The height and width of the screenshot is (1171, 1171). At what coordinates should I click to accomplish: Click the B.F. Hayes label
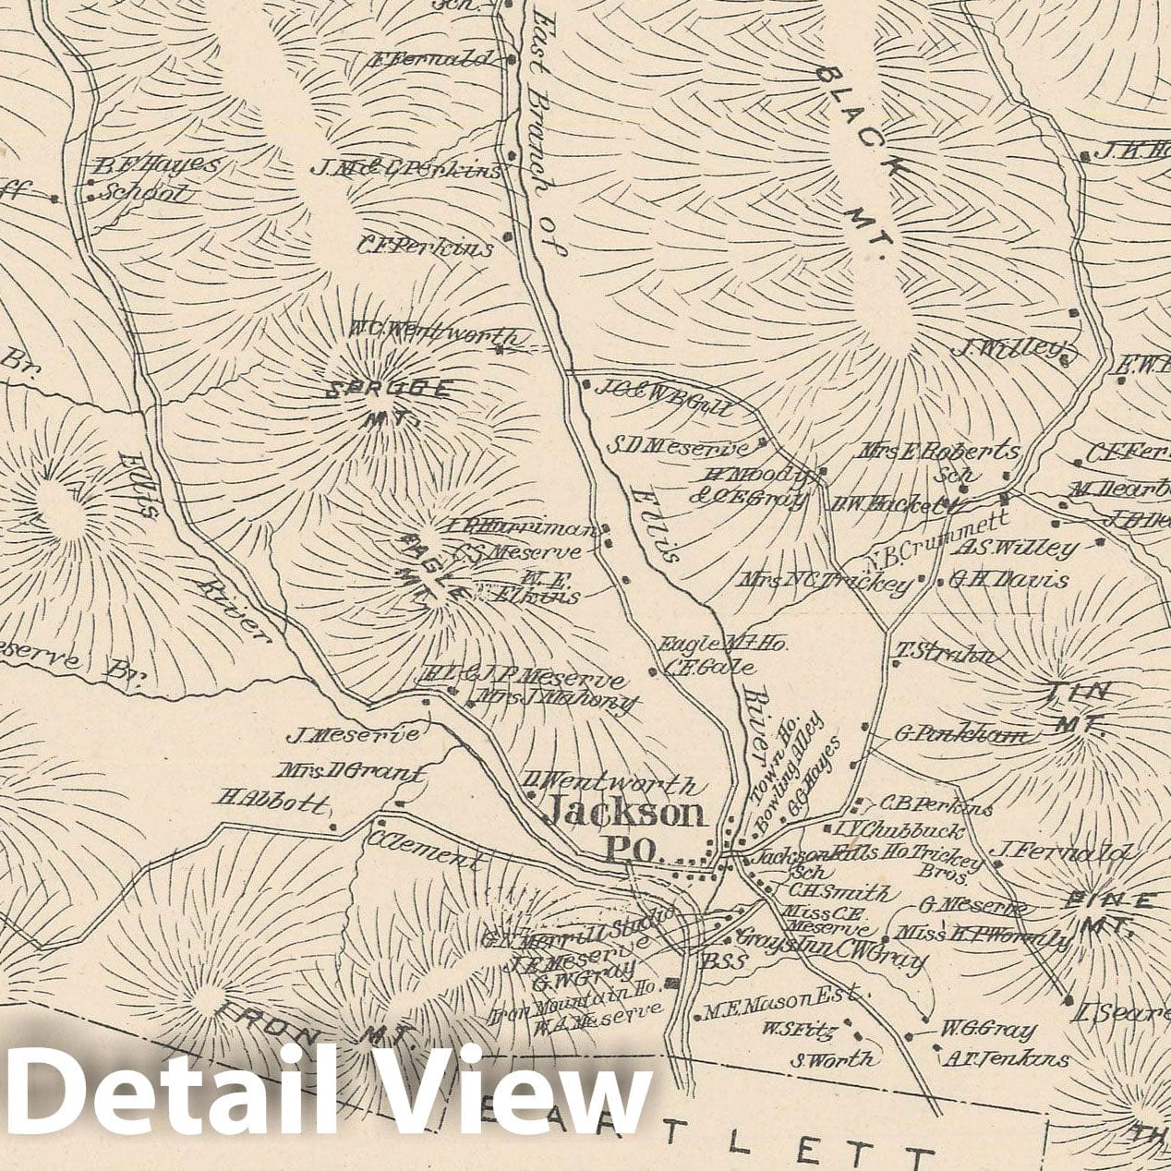click(x=158, y=166)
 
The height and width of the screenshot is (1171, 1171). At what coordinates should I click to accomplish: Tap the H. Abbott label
click(x=270, y=800)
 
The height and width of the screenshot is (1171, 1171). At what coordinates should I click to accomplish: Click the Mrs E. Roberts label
click(x=939, y=452)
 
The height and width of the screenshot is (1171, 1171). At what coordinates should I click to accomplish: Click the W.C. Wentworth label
click(x=425, y=331)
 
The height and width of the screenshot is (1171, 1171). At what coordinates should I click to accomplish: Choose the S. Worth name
click(x=832, y=1058)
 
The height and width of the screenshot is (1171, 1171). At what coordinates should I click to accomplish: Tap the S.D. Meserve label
click(x=678, y=448)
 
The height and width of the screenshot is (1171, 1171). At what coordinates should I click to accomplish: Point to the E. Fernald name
click(x=429, y=61)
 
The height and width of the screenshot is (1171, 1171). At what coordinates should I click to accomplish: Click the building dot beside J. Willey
click(x=1072, y=353)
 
